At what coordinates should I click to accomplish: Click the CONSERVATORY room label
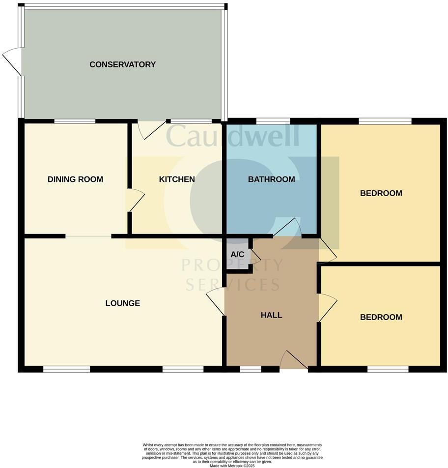122,64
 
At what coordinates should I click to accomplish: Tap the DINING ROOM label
75,179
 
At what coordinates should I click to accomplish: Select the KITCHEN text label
177,179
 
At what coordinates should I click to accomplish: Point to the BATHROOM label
271,179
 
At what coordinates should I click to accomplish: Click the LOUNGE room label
122,303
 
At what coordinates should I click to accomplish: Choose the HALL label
271,315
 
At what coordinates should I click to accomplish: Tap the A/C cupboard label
237,255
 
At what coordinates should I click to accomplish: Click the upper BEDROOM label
381,193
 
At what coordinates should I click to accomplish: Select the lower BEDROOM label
381,317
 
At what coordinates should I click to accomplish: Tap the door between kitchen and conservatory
151,129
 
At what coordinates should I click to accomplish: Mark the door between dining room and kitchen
136,200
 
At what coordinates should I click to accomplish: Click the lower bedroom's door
328,307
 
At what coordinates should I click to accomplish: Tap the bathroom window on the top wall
273,121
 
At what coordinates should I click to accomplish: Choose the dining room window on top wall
75,121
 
